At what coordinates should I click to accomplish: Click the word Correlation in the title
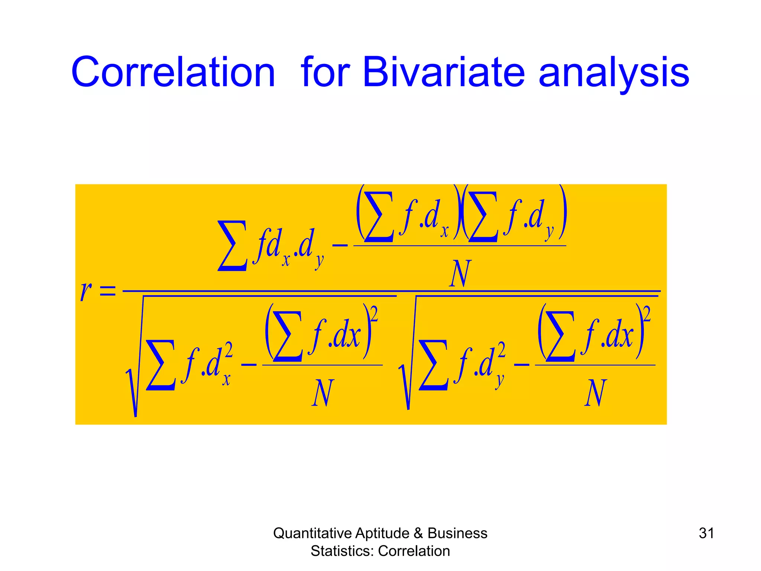coord(173,72)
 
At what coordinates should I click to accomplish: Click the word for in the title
coord(326,72)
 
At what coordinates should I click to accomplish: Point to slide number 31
coord(706,533)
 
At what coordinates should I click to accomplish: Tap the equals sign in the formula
coord(108,291)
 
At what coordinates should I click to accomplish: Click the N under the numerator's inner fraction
coord(460,274)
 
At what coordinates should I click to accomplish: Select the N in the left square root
coord(323,393)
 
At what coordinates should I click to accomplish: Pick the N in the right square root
coord(595,393)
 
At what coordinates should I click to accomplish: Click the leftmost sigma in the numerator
coord(233,246)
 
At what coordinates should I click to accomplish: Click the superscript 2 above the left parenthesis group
coord(374,314)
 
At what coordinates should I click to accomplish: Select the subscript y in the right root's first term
coord(500,381)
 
